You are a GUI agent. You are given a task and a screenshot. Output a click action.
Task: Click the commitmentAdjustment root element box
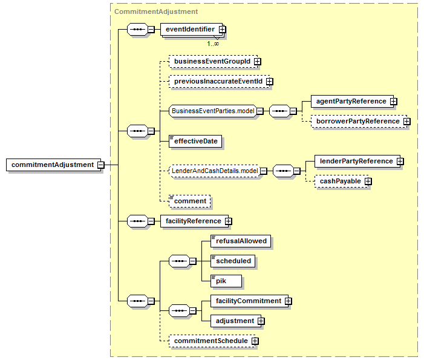pos(53,165)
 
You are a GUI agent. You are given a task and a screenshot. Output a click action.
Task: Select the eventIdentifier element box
pos(191,29)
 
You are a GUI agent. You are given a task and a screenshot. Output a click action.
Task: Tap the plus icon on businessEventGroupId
pos(258,62)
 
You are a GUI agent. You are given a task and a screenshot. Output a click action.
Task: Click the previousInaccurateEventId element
pos(220,82)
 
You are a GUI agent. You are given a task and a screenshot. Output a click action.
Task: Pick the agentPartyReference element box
pos(353,101)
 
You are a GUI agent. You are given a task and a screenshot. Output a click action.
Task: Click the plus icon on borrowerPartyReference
pos(406,122)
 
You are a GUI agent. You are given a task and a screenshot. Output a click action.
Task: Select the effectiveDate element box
pos(195,141)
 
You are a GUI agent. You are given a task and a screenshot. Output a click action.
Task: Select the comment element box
pos(189,201)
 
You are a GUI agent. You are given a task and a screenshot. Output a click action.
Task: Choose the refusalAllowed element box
pos(241,241)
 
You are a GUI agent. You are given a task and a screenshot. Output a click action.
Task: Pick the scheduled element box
pos(233,261)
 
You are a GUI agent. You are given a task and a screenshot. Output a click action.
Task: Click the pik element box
pos(226,281)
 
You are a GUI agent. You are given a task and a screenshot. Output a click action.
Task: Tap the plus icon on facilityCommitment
pos(289,301)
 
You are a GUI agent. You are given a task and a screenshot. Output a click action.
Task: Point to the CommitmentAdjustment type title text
pos(156,11)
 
